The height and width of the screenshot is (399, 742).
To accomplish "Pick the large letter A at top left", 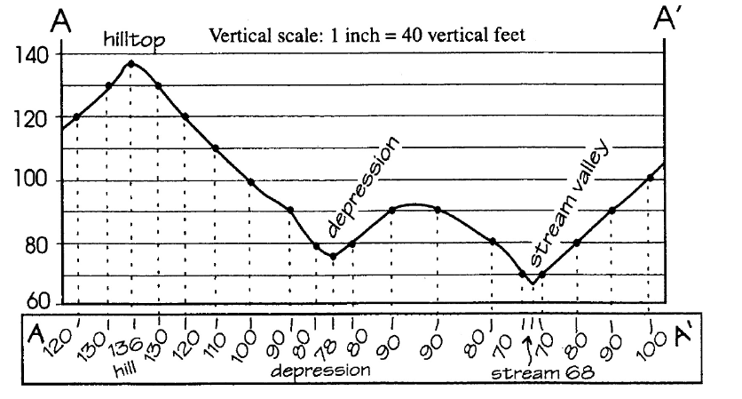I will click(61, 20).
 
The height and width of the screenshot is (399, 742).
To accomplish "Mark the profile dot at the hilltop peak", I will click(131, 64).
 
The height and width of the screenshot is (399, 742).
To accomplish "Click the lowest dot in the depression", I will click(333, 257).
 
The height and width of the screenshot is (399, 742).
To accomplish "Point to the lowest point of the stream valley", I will click(532, 283).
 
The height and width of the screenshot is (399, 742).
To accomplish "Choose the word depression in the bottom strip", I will click(321, 368).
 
